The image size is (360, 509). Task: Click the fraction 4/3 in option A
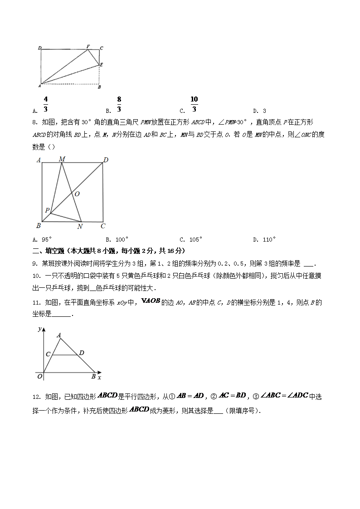pos(46,104)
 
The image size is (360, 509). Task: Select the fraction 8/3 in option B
pos(119,104)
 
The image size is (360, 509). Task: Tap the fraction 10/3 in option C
pos(194,104)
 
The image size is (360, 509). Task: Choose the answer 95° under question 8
pos(47,240)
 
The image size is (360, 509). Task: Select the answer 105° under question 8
pos(195,240)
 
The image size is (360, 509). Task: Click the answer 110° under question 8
pos(269,240)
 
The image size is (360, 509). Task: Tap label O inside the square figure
pos(77,194)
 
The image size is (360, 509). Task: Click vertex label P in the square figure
pos(46,210)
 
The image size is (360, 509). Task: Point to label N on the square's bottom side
pos(80,227)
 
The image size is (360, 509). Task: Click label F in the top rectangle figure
pos(88,47)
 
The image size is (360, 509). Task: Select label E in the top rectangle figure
pos(102,65)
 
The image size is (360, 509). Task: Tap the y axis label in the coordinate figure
pos(40,328)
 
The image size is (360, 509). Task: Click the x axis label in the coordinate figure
pos(99,377)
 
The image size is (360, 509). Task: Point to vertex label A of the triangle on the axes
pos(59,335)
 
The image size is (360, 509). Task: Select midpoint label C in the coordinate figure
pos(48,354)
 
